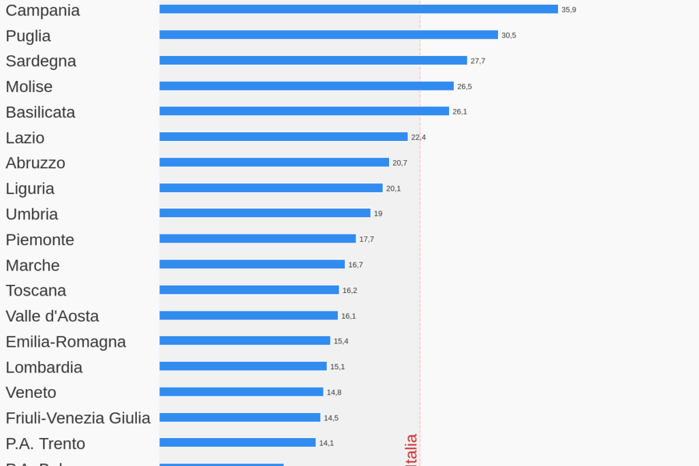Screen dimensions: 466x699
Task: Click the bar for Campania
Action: pos(358,10)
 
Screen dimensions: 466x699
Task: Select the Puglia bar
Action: pos(328,35)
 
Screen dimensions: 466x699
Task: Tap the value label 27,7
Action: pos(478,61)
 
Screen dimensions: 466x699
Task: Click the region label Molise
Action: pos(29,87)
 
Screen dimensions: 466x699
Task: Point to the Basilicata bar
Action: pos(304,111)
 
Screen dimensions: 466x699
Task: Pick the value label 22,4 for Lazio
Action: pos(418,137)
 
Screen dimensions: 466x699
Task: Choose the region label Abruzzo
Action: pos(35,163)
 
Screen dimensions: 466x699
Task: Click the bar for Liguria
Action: pos(271,188)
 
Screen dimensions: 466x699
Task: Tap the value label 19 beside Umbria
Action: pos(378,213)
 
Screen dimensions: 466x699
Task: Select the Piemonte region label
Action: pos(40,240)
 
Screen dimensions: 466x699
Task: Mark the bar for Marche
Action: pos(252,264)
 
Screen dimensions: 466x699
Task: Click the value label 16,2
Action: pos(349,290)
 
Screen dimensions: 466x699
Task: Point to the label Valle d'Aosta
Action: pos(52,316)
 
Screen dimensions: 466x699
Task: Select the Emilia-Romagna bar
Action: pos(245,341)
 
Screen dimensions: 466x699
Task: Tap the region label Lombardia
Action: pos(44,367)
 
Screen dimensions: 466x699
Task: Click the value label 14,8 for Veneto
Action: pos(334,392)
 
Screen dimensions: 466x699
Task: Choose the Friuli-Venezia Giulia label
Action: pos(78,418)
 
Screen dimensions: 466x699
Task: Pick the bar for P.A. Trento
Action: pos(238,443)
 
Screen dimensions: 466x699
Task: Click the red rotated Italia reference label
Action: pos(411,450)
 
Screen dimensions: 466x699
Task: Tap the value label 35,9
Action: pos(569,10)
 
